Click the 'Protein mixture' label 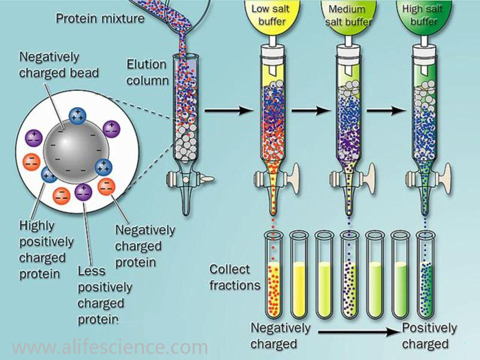pyautogui.click(x=99, y=19)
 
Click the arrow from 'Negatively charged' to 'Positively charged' pyautogui.click(x=359, y=332)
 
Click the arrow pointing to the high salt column pyautogui.click(x=386, y=111)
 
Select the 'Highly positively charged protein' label pyautogui.click(x=46, y=249)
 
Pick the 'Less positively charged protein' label pyautogui.click(x=104, y=295)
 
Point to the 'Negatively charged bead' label pyautogui.click(x=59, y=65)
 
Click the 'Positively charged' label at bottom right pyautogui.click(x=429, y=336)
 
